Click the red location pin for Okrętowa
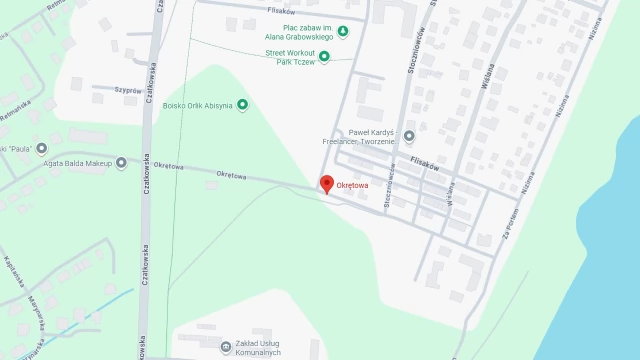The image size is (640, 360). tap(326, 184)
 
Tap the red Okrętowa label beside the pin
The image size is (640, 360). tap(352, 185)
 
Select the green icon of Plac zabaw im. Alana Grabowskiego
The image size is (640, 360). tap(343, 31)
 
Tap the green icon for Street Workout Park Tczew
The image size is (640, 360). tap(324, 56)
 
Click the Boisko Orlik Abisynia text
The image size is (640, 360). tap(196, 104)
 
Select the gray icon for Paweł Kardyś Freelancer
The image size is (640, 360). tap(408, 136)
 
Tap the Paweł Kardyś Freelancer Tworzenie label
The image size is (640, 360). tap(359, 136)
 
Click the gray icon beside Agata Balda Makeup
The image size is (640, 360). tap(122, 162)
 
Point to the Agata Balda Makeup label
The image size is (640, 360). tap(76, 162)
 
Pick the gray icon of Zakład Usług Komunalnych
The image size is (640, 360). tap(225, 347)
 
